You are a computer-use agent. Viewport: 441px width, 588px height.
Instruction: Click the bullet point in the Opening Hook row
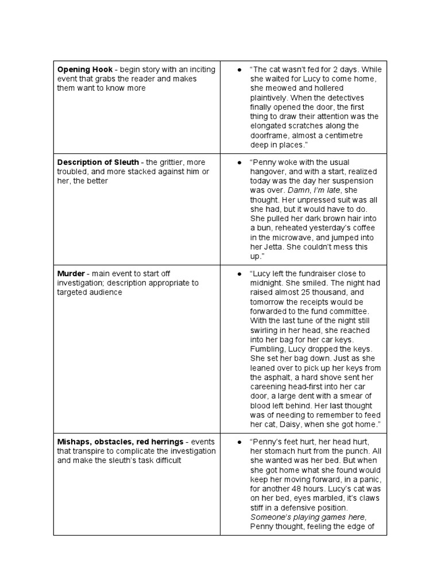pos(238,69)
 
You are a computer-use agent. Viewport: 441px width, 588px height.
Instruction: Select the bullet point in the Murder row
pos(238,274)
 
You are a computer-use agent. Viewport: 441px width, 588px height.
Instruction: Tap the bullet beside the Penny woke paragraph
pos(238,163)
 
